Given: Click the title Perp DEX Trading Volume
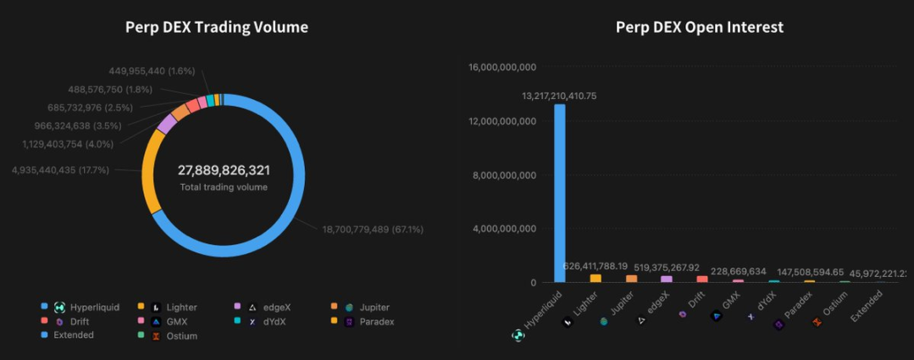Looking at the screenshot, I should (x=216, y=27).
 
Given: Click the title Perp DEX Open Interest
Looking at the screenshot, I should (x=699, y=27).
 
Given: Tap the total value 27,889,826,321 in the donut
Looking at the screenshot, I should (x=224, y=170).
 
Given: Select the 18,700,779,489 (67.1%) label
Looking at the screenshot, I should (x=373, y=229).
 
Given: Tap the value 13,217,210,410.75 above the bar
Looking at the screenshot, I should (x=559, y=96).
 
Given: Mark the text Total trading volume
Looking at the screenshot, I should (x=224, y=187).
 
